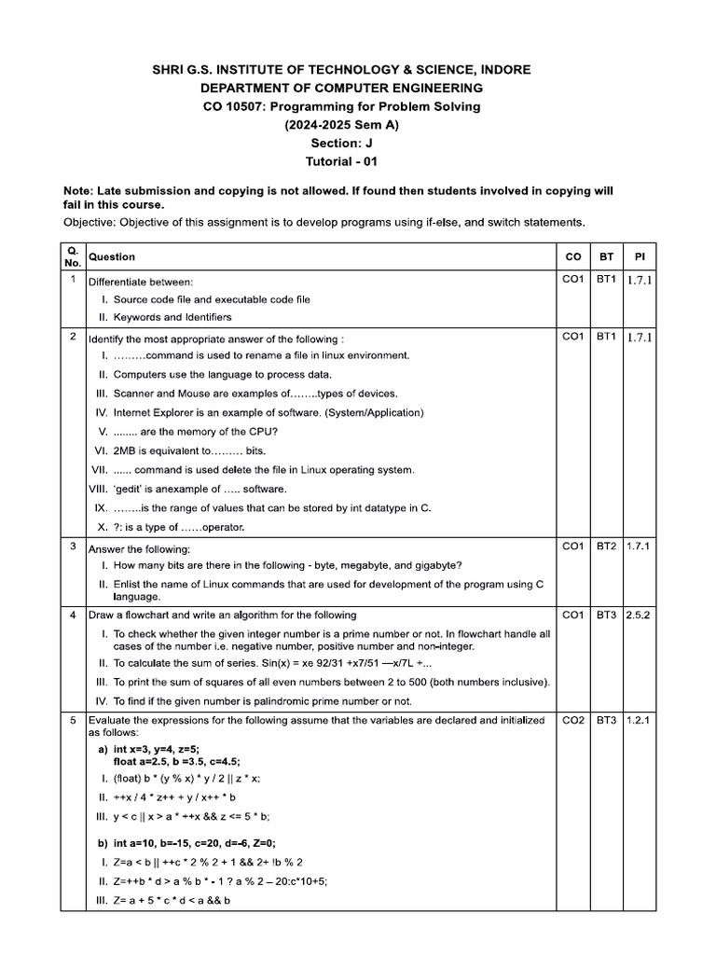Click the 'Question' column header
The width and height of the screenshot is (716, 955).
click(x=111, y=256)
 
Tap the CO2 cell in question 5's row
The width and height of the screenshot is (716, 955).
click(x=571, y=721)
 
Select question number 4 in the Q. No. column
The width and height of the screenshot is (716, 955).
click(x=73, y=616)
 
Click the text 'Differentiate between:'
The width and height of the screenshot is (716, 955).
click(x=141, y=282)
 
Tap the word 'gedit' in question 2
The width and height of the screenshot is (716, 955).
click(x=131, y=489)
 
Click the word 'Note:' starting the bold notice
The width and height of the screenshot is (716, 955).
click(x=80, y=190)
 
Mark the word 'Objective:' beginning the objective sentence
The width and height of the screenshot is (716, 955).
click(x=91, y=223)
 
